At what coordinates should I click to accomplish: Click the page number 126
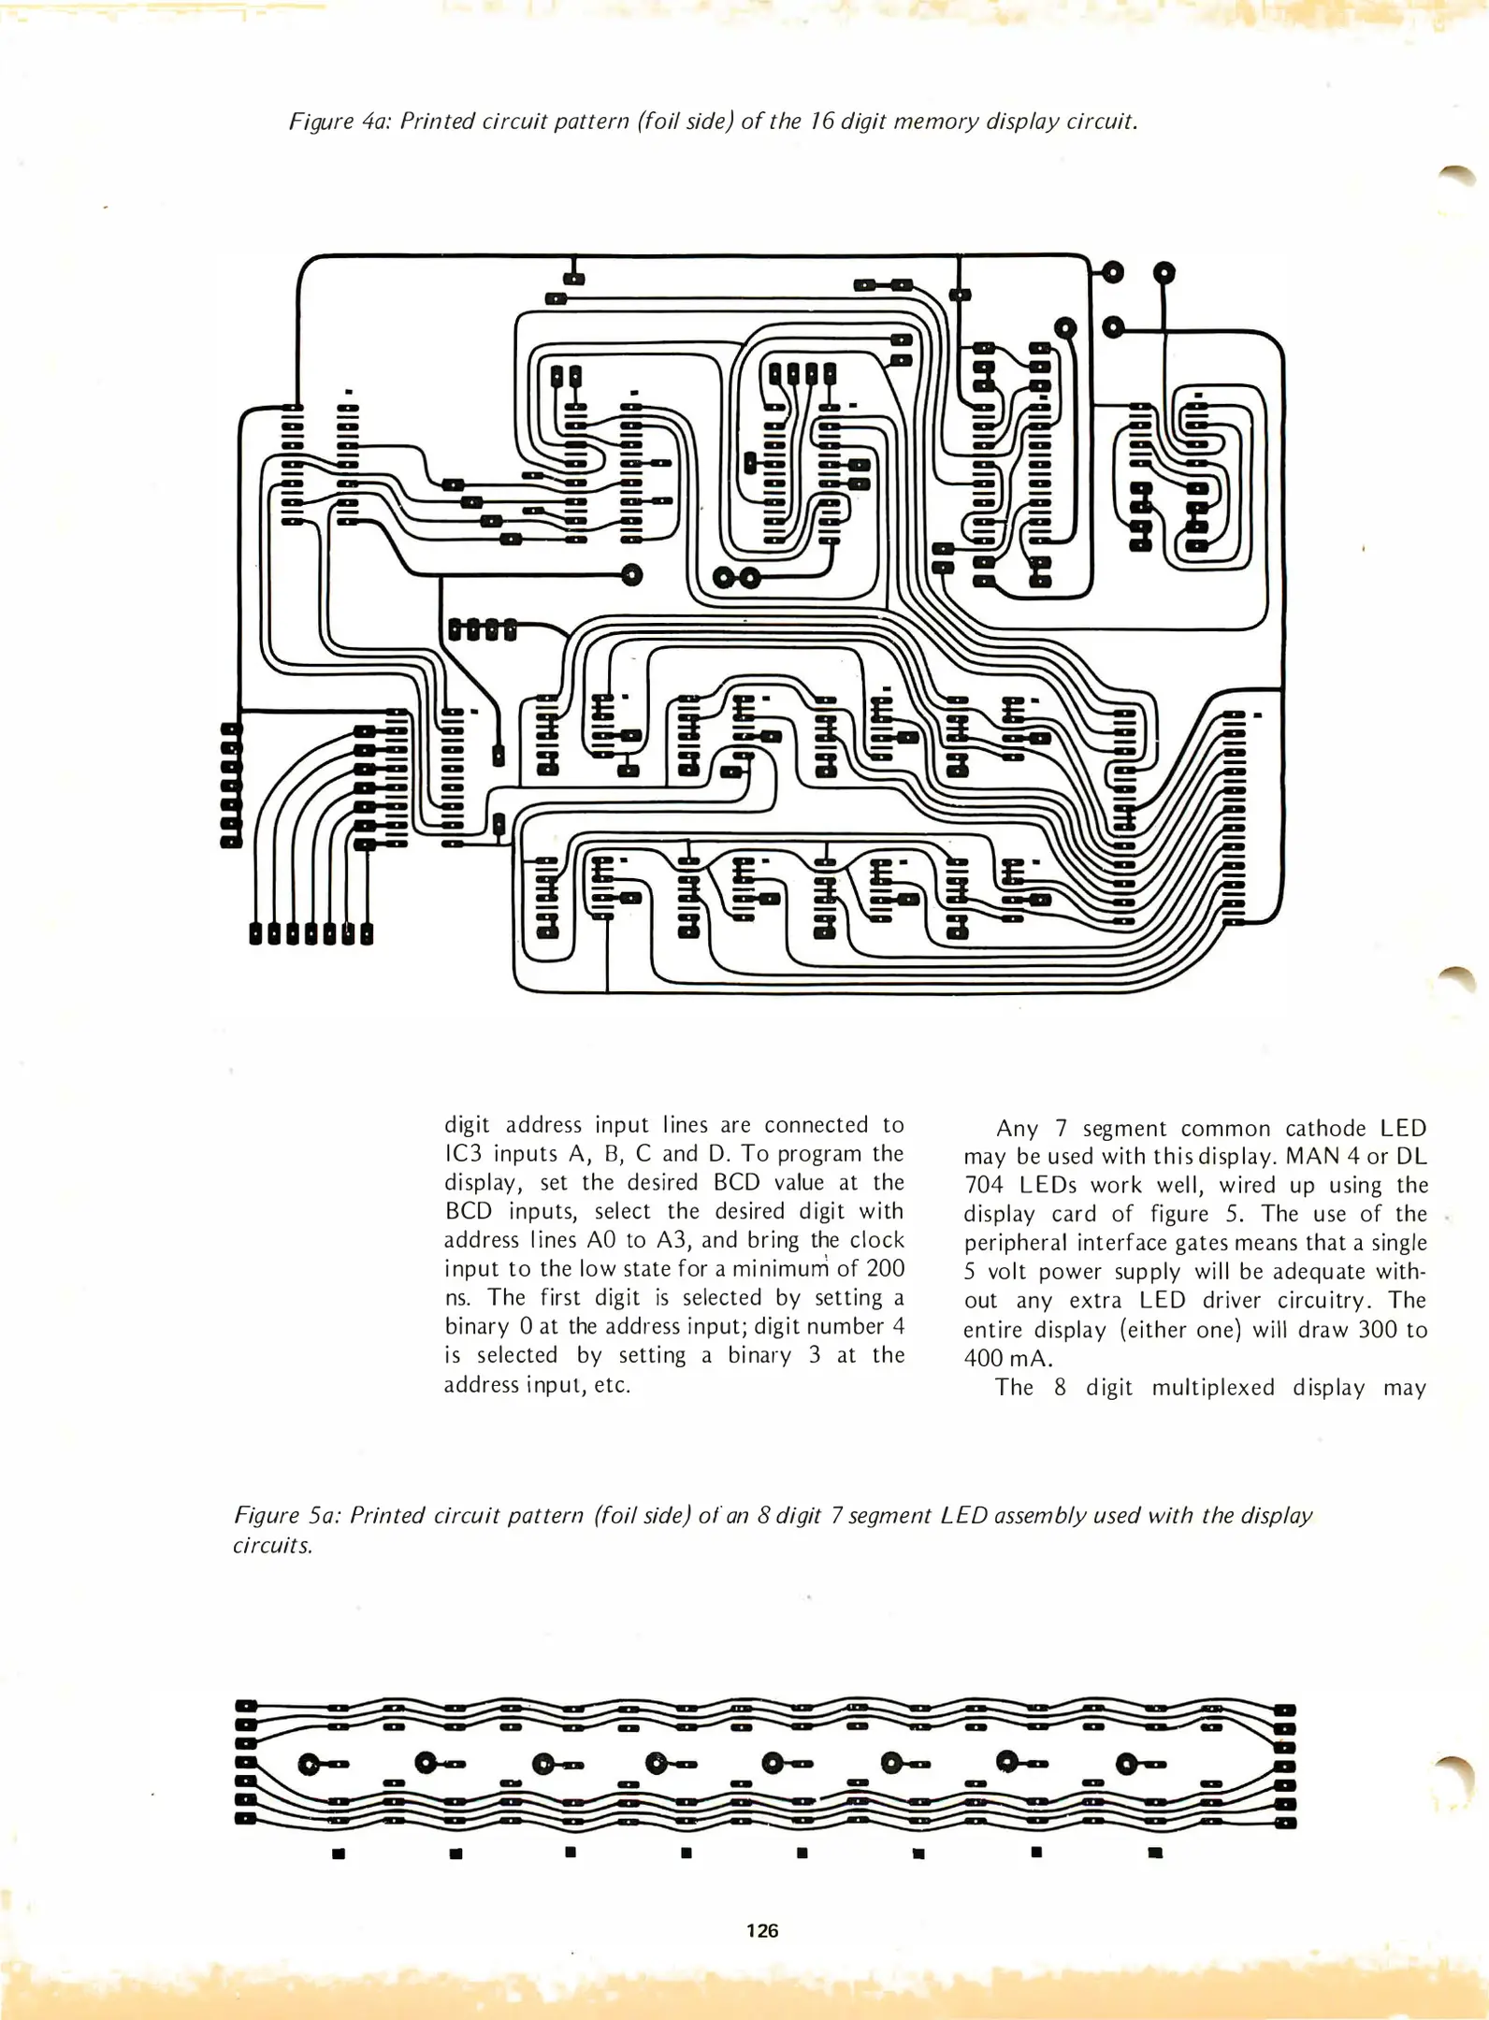[762, 1929]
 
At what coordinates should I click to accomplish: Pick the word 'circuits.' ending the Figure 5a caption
[272, 1545]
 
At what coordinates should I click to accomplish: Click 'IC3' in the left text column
[463, 1154]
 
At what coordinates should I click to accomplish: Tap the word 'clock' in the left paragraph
[876, 1240]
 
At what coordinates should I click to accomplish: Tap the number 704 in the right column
[983, 1186]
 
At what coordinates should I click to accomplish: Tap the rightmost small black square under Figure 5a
[1155, 1853]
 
